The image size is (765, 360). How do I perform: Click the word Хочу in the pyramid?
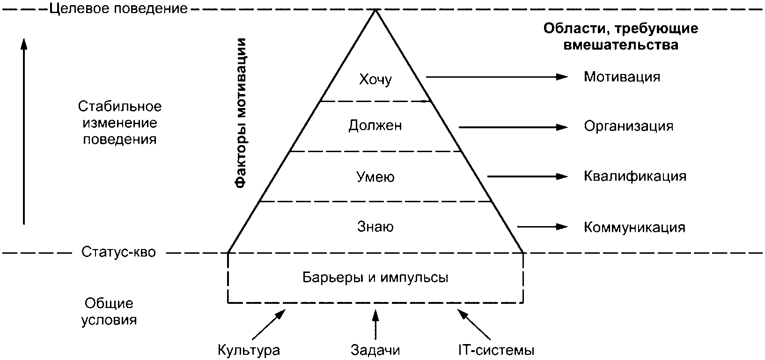pyautogui.click(x=375, y=79)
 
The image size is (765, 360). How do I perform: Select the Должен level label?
pyautogui.click(x=375, y=126)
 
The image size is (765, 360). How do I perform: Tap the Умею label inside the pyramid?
pyautogui.click(x=375, y=177)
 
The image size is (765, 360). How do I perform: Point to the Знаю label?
pyautogui.click(x=375, y=227)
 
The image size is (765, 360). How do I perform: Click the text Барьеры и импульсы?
pyautogui.click(x=375, y=277)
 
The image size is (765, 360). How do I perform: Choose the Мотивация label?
pyautogui.click(x=622, y=77)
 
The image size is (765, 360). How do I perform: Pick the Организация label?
pyautogui.click(x=628, y=126)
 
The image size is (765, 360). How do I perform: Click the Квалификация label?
pyautogui.click(x=635, y=176)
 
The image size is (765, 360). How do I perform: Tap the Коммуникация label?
pyautogui.click(x=634, y=228)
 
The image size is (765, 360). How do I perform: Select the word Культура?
pyautogui.click(x=249, y=350)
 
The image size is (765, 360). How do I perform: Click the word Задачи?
pyautogui.click(x=375, y=350)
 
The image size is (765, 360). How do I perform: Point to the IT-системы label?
pyautogui.click(x=496, y=350)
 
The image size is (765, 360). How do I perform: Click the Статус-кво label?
pyautogui.click(x=118, y=252)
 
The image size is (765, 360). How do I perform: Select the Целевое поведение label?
pyautogui.click(x=118, y=8)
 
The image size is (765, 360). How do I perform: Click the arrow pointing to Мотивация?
pyautogui.click(x=496, y=77)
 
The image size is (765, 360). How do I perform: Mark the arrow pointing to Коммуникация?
pyautogui.click(x=542, y=227)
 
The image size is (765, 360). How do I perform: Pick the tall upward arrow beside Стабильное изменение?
pyautogui.click(x=24, y=131)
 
